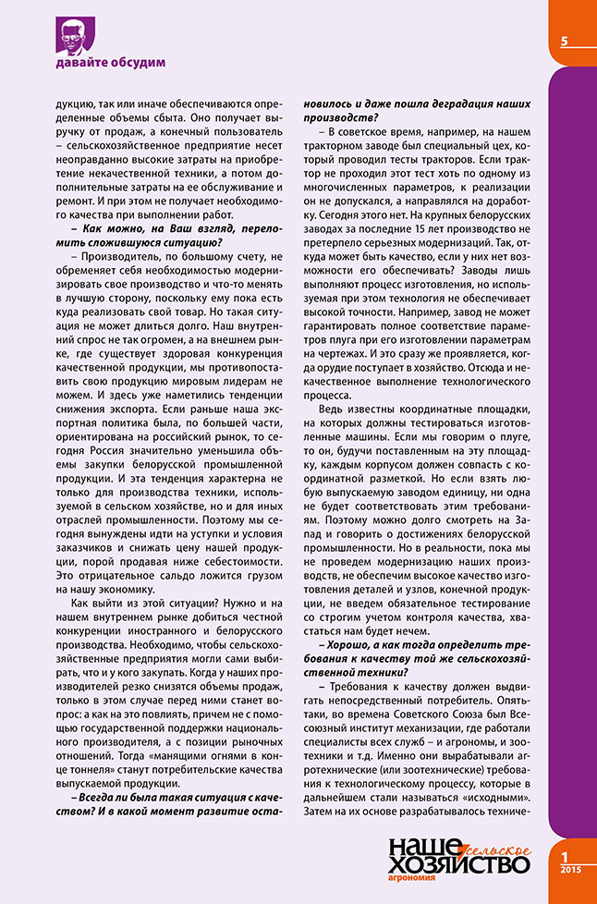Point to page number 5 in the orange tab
click(563, 40)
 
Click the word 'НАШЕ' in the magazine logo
click(418, 844)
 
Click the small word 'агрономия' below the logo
click(413, 882)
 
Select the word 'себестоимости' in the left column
click(242, 556)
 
